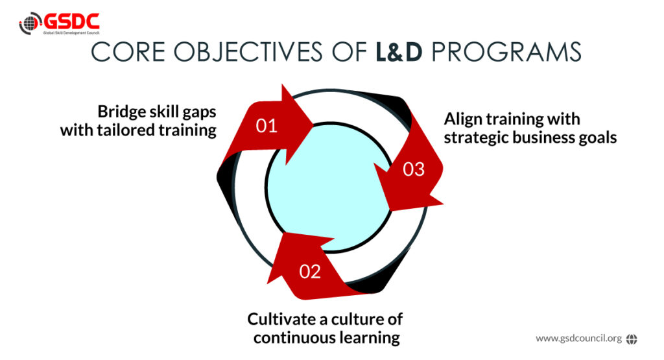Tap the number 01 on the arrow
pyautogui.click(x=267, y=126)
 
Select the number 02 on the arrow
pyautogui.click(x=310, y=272)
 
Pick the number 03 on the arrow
pyautogui.click(x=414, y=169)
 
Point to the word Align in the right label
pyautogui.click(x=464, y=120)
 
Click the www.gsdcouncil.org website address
pyautogui.click(x=578, y=338)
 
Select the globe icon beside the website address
pyautogui.click(x=632, y=338)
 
